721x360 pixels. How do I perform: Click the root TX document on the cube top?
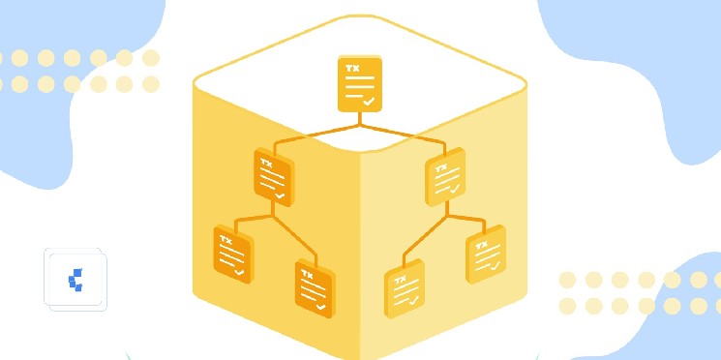(360, 83)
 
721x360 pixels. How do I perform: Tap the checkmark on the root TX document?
(369, 102)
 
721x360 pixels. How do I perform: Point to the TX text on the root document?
(351, 68)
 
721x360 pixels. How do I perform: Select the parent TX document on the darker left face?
(274, 177)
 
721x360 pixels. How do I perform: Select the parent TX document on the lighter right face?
(445, 176)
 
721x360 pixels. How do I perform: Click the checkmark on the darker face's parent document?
(280, 195)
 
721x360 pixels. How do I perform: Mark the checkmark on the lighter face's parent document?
(455, 188)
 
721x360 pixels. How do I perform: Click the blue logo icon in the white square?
(75, 280)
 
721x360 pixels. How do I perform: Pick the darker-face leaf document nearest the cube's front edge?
(315, 288)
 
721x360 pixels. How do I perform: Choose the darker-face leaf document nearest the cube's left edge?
(233, 255)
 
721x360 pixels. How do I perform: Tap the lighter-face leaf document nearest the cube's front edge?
(405, 288)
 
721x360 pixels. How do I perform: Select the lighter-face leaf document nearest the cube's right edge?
(486, 255)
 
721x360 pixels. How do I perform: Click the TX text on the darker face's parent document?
(266, 163)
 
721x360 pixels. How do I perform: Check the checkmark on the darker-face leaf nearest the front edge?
(320, 307)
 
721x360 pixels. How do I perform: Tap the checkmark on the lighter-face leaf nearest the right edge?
(496, 265)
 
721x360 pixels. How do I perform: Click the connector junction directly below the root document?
(360, 125)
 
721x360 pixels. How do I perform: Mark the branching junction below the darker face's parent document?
(273, 215)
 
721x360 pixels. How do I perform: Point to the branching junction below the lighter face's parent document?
(447, 215)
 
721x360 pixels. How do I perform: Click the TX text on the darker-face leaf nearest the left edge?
(225, 240)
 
